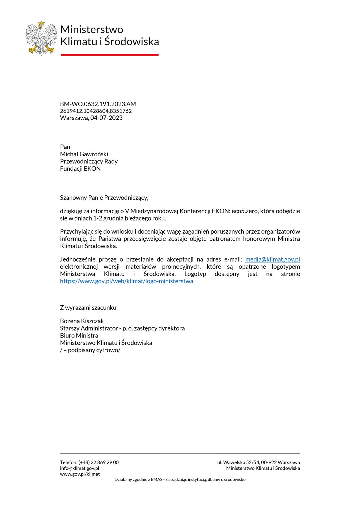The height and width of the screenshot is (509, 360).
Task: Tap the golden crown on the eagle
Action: click(41, 23)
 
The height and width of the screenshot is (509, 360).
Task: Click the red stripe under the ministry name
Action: click(110, 55)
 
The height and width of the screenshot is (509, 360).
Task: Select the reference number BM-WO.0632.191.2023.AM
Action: click(98, 104)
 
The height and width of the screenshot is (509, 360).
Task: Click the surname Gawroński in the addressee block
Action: click(94, 154)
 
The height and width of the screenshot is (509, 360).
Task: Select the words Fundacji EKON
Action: click(80, 169)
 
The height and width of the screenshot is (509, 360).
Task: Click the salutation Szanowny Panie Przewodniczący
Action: click(104, 198)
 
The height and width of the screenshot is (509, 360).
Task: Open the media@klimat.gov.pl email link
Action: click(272, 259)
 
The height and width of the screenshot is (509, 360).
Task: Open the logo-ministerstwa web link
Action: click(127, 281)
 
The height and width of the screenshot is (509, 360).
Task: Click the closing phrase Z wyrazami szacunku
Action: click(88, 308)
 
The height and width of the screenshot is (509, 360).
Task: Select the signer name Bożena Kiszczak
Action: click(82, 321)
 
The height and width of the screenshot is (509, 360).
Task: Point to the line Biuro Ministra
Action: click(79, 336)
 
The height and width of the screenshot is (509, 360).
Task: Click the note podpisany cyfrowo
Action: click(94, 350)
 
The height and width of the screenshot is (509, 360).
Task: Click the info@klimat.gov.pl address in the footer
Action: click(79, 468)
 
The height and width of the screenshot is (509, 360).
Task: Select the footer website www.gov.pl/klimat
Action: click(80, 474)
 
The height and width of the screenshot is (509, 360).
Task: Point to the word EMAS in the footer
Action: click(157, 480)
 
